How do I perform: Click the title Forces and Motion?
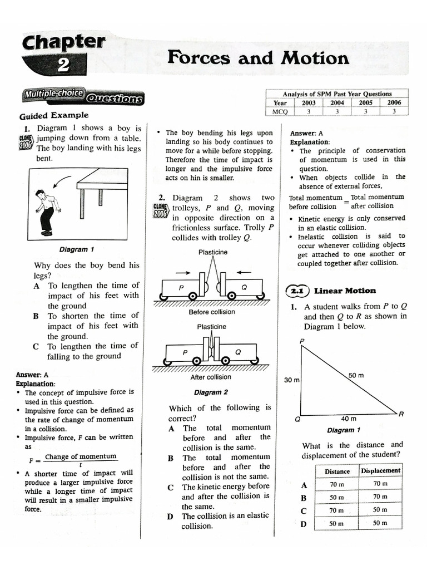point(258,57)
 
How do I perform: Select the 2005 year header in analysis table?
point(365,102)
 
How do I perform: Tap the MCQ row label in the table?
point(280,111)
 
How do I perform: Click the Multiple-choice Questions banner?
point(82,97)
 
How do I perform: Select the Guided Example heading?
point(54,116)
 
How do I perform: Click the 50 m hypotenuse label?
point(356,376)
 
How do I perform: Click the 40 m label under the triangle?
point(349,419)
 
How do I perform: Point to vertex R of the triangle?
point(401,414)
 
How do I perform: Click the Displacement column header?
point(380,470)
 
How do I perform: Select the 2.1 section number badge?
point(297,291)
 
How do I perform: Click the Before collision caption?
point(211,312)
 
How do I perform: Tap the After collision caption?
point(211,377)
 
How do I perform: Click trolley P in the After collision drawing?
point(185,353)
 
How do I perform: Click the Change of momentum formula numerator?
point(81,456)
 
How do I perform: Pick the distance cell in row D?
point(337,523)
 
